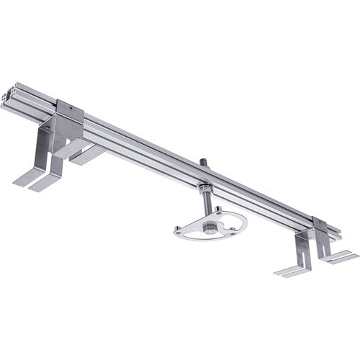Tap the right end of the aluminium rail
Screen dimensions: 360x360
click(337, 232)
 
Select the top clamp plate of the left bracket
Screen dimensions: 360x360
click(71, 109)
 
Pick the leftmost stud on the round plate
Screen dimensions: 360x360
click(178, 230)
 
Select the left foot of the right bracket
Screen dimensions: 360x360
click(292, 271)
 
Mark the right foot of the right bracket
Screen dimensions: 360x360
click(341, 256)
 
